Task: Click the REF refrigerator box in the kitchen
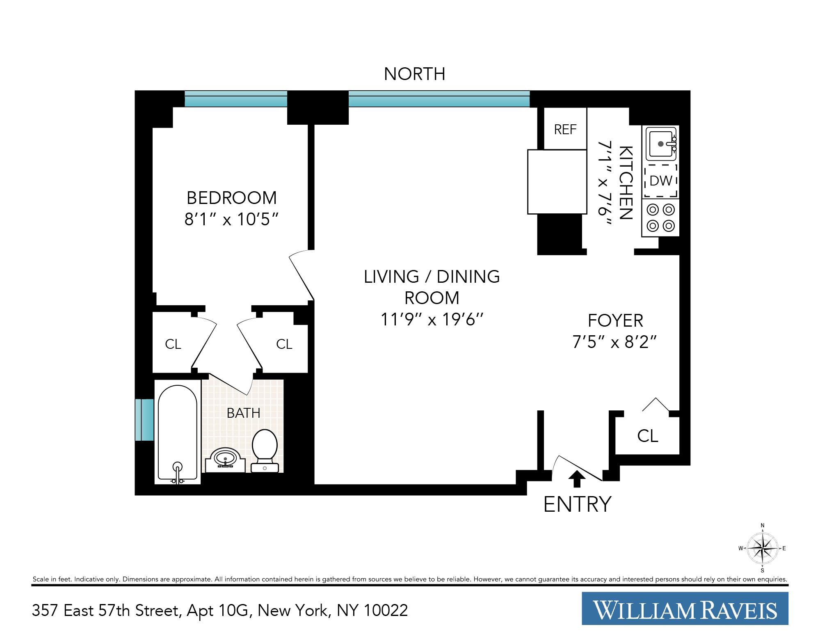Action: (x=565, y=129)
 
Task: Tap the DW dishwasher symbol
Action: (x=660, y=181)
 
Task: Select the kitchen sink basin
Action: (x=660, y=144)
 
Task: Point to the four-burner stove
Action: (x=660, y=217)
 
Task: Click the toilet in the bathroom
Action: (x=265, y=449)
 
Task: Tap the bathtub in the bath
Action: (x=178, y=433)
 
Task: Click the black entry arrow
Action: (x=577, y=478)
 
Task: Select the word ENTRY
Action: (x=577, y=504)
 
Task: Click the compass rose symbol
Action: (x=762, y=548)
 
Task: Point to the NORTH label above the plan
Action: (x=414, y=74)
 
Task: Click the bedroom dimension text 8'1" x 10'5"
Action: (x=232, y=220)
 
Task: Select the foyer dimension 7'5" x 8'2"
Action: (x=615, y=341)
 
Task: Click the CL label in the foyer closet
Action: (x=647, y=436)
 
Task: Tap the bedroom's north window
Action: (x=235, y=99)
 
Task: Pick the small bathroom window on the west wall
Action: (x=144, y=419)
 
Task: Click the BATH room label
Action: (x=243, y=413)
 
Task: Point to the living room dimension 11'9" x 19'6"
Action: (x=432, y=319)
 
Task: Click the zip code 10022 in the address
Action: (x=386, y=611)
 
